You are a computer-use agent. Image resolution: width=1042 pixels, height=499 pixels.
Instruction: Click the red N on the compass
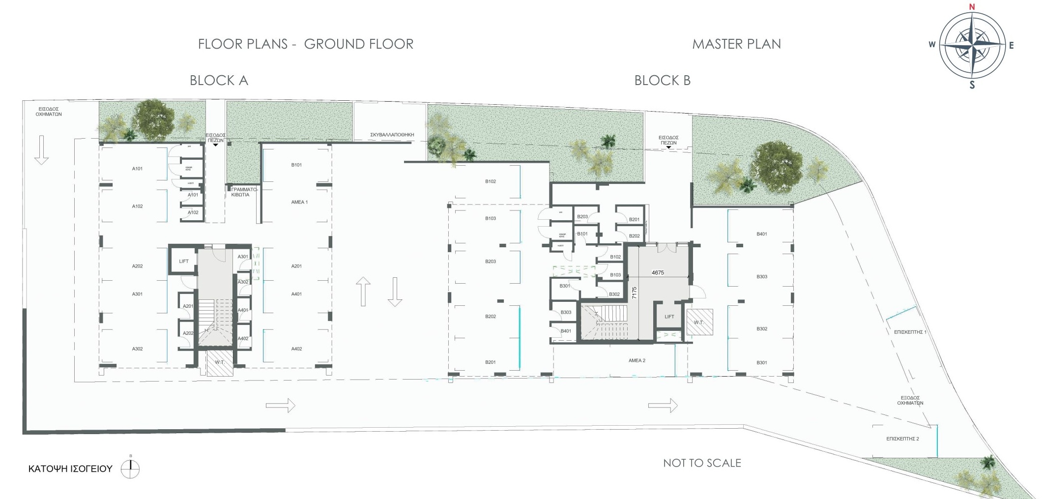click(972, 7)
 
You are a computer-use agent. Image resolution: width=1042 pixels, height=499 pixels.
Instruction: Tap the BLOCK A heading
click(219, 81)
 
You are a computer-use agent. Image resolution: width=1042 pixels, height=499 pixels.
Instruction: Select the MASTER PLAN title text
click(736, 44)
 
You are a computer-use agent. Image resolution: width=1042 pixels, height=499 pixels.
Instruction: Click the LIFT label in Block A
click(184, 261)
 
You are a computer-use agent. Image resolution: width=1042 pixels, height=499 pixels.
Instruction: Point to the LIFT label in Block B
click(669, 317)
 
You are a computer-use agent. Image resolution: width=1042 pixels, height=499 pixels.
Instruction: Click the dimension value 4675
click(658, 273)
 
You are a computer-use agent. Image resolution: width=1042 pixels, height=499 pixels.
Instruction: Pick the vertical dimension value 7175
click(635, 293)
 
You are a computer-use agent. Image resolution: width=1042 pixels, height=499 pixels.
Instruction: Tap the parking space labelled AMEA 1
click(299, 202)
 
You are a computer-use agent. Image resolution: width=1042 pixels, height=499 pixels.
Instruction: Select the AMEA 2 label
click(637, 360)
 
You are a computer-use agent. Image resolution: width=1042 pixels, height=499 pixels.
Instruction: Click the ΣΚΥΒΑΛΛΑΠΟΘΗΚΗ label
click(392, 135)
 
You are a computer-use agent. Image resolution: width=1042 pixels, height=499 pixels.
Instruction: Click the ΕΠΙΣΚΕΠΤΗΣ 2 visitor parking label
click(902, 439)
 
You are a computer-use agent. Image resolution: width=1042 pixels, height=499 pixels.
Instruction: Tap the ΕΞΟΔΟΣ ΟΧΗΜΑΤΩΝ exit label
click(910, 400)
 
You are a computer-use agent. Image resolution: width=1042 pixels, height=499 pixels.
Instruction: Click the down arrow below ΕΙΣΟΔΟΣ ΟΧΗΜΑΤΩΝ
click(42, 149)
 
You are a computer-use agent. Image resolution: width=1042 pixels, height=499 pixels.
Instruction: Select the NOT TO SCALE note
click(702, 463)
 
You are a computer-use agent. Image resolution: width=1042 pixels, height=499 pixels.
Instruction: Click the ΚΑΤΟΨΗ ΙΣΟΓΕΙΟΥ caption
click(70, 469)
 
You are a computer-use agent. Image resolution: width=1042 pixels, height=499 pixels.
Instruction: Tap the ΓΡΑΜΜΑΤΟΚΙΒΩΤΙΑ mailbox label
click(241, 192)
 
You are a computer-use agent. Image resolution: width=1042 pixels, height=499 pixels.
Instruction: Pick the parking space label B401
click(761, 234)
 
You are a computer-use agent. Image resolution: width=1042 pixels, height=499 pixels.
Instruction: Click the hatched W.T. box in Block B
click(699, 323)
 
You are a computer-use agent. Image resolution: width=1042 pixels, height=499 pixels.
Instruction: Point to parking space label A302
click(137, 349)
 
